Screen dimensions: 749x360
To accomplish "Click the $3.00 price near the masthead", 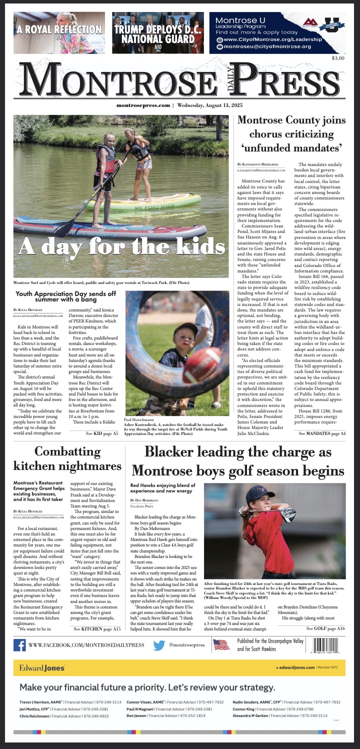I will [338, 58].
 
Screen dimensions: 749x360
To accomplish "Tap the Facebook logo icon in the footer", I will [19, 645].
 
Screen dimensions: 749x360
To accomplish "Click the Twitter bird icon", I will [158, 645].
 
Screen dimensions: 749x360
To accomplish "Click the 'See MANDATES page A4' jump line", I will [322, 433].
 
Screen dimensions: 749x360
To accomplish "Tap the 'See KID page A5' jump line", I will [102, 433].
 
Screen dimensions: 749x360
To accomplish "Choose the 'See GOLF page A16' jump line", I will [325, 628].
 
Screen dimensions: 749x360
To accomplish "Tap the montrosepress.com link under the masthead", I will [143, 105].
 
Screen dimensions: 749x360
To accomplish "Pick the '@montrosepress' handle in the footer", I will [187, 645].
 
